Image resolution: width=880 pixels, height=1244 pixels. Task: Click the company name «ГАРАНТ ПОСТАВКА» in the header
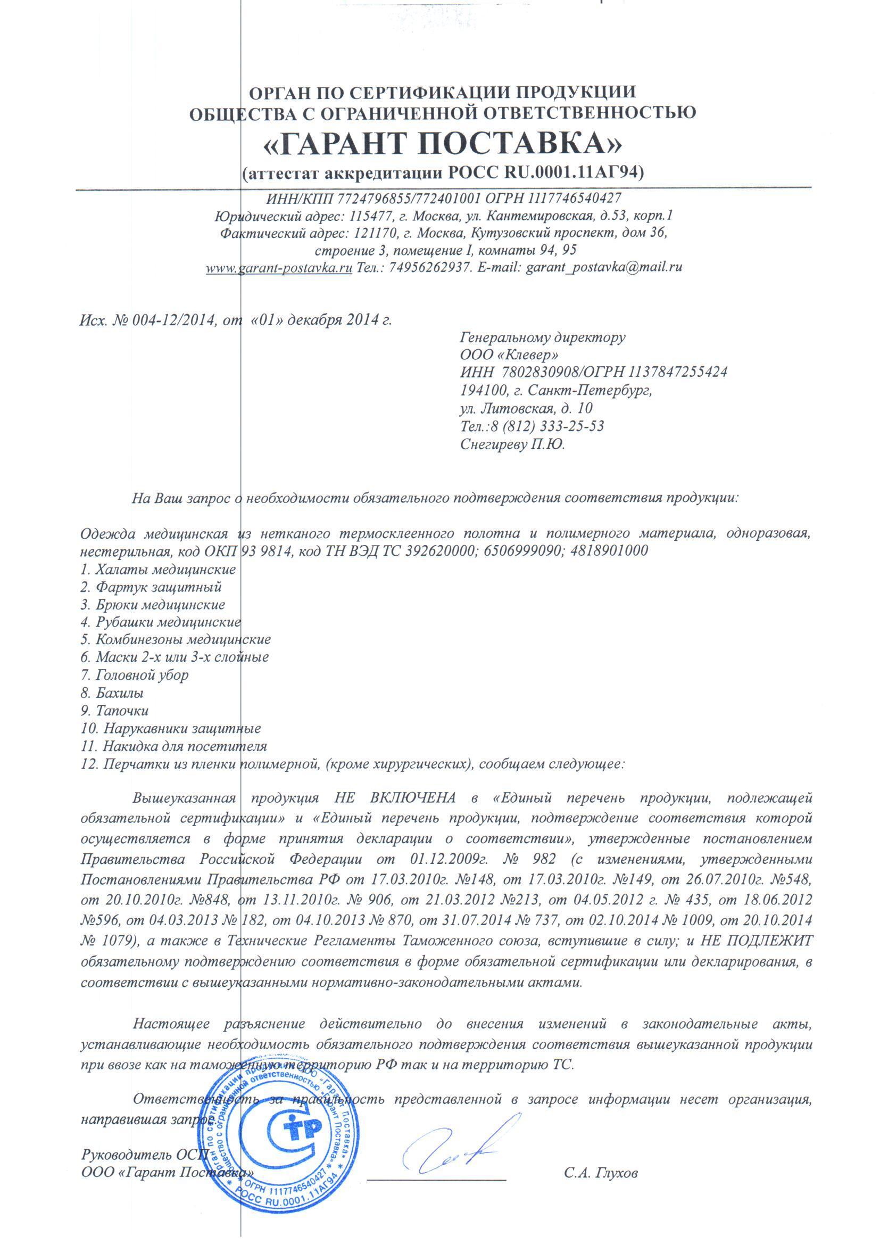(x=442, y=143)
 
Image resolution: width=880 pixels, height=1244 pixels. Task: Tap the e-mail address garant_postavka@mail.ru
(x=604, y=267)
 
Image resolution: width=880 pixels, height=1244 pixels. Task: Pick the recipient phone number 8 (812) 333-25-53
(x=547, y=426)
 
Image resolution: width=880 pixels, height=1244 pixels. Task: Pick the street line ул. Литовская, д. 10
(x=526, y=408)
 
